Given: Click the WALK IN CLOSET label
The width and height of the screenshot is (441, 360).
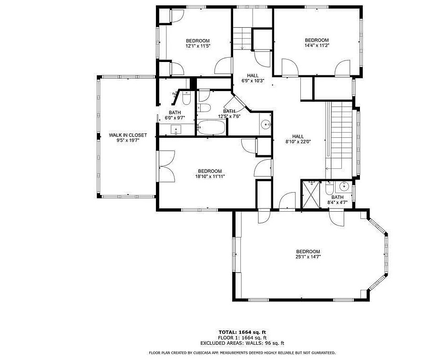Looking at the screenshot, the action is (x=128, y=135).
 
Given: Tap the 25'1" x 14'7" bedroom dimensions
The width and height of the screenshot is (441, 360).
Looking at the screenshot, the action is (x=308, y=257).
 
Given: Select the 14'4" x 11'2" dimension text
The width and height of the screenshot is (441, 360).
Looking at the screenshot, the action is (x=317, y=45).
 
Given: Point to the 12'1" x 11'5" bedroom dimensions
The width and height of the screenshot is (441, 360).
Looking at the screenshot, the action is (x=198, y=46).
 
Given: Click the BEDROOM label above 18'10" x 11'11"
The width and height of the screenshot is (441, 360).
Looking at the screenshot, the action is (x=210, y=171).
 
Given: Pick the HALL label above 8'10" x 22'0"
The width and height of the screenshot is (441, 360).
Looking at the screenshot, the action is (x=298, y=137).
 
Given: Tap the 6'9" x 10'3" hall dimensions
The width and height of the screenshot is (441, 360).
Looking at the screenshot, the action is (x=253, y=81).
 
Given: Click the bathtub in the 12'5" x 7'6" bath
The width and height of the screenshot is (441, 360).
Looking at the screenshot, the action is (x=211, y=127).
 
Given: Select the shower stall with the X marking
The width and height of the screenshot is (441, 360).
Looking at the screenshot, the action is (x=310, y=195).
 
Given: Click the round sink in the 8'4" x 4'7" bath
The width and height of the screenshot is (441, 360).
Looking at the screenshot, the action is (x=344, y=186).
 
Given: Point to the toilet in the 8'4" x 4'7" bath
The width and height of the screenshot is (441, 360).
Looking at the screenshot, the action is (x=329, y=188).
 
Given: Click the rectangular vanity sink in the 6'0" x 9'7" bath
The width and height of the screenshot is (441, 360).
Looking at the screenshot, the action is (x=176, y=130).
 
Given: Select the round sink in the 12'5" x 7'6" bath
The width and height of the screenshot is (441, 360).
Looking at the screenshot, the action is (x=266, y=124).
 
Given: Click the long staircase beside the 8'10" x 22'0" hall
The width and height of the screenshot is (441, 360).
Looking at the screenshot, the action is (x=339, y=140).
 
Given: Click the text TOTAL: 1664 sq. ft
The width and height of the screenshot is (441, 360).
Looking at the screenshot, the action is (x=242, y=332).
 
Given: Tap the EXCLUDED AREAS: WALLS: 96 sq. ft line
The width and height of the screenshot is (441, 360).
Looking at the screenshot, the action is (x=242, y=343).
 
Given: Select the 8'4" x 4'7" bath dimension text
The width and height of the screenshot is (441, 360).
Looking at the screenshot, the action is (x=337, y=202).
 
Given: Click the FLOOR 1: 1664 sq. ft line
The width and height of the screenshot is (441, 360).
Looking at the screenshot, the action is (x=242, y=338).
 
